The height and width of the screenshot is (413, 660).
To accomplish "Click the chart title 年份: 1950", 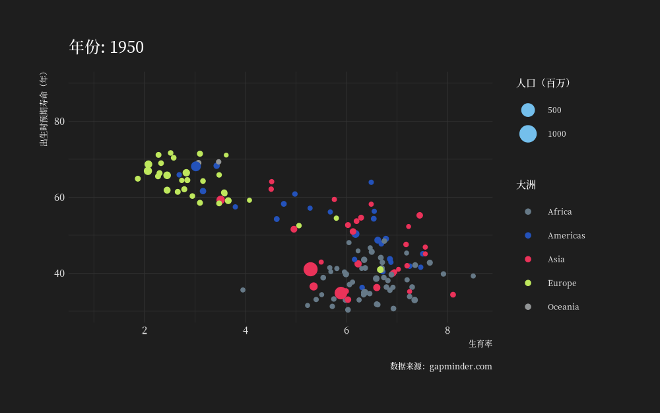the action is point(106,47).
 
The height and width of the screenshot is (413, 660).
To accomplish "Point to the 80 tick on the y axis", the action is point(59,122).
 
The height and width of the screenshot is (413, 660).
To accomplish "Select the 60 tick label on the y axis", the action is point(59,197).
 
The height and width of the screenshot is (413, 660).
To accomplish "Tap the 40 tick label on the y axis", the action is point(59,273).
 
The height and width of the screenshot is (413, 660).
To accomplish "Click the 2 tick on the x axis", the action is point(145,330).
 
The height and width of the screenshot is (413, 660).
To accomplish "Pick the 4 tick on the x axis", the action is point(246,330).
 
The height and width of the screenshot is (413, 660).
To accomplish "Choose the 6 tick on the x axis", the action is point(346,330).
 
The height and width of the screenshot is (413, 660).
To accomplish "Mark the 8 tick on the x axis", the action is point(447,330).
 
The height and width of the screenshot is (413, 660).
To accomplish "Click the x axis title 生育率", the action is point(480,344).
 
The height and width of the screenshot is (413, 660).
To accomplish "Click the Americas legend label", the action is point(566,236).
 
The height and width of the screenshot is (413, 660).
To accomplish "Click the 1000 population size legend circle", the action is point(528,134).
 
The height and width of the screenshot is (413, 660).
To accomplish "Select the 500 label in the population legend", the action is point(554,110).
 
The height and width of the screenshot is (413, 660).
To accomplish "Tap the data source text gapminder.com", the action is point(461,367).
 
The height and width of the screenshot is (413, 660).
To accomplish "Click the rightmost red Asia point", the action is point(453,295).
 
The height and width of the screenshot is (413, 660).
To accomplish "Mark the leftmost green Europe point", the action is point(138,178).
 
